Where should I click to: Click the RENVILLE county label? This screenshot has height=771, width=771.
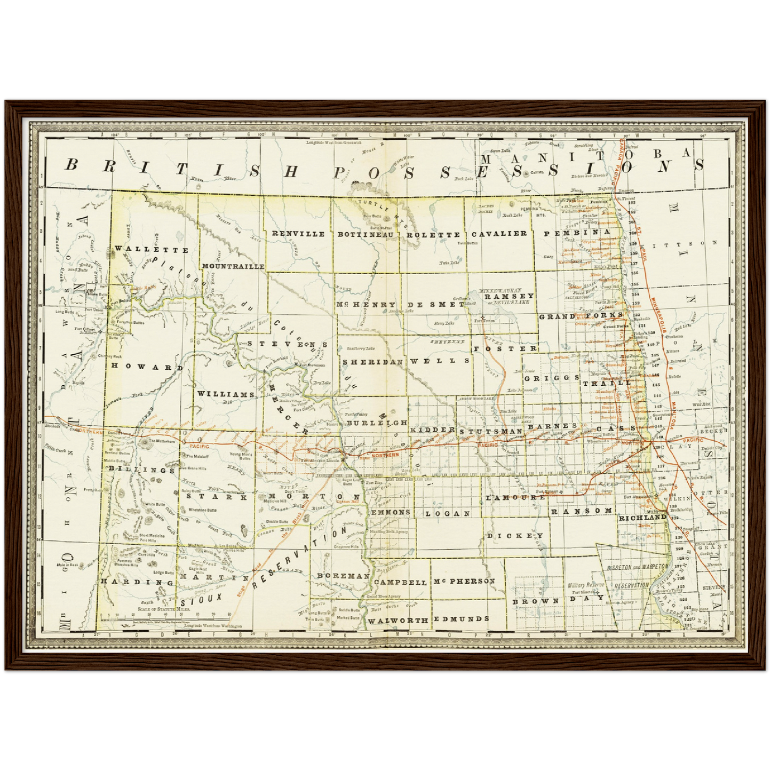298,234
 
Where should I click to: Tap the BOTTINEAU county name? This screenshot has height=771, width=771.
365,234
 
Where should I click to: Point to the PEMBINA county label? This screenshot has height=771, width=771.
577,233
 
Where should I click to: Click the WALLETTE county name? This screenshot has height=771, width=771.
152,250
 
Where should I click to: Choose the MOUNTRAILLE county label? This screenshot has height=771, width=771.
233,266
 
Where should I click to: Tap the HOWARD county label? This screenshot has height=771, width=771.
143,368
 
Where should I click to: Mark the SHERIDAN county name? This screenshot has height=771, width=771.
372,361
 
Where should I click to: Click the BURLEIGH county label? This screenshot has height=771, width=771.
376,423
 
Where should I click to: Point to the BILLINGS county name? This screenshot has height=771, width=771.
141,470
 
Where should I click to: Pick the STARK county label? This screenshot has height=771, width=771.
217,496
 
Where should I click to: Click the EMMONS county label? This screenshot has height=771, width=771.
391,512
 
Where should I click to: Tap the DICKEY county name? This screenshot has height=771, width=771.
515,535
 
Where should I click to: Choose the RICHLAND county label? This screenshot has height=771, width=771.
642,517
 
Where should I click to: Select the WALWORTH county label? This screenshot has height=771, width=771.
398,621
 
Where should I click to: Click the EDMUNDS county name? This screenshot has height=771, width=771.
461,619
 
